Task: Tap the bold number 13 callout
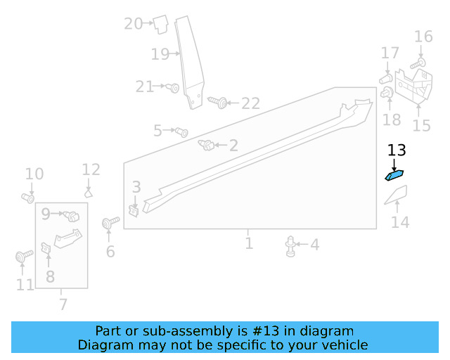click(x=397, y=150)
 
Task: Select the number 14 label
click(x=399, y=222)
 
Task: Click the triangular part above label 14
click(x=397, y=195)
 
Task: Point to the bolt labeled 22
click(x=218, y=103)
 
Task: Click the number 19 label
click(x=160, y=53)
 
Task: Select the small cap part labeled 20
click(x=160, y=24)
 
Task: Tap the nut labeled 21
click(x=173, y=88)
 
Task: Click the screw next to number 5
click(x=181, y=131)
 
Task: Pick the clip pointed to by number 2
click(x=207, y=146)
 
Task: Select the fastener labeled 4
click(x=290, y=245)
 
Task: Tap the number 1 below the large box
click(x=249, y=243)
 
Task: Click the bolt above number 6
click(x=108, y=224)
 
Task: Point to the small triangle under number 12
click(x=89, y=191)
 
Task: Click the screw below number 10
click(x=28, y=198)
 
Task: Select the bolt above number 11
click(x=22, y=257)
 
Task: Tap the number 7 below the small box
click(x=63, y=304)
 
